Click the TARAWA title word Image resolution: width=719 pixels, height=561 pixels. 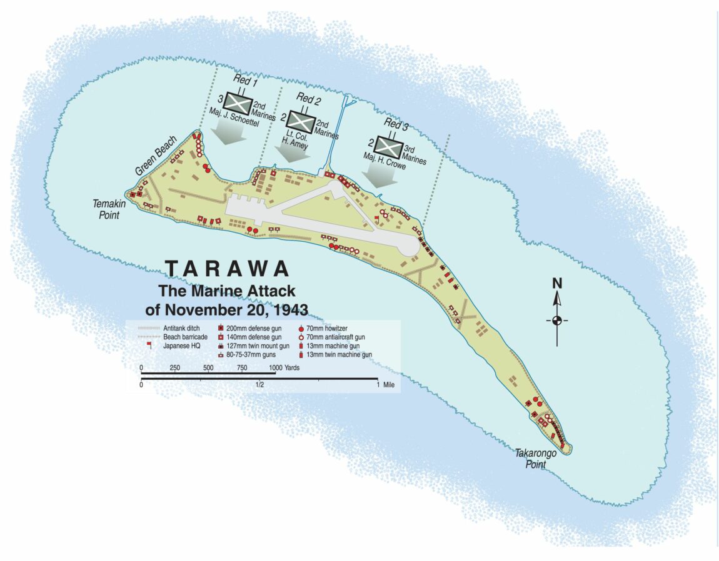click(x=228, y=269)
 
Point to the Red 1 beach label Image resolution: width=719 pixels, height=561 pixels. click(x=244, y=82)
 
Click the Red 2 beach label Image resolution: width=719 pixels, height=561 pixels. click(x=308, y=99)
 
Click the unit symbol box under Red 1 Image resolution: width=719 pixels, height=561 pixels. click(x=238, y=102)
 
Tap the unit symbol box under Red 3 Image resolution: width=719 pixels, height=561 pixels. click(x=387, y=147)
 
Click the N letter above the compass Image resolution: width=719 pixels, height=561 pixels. click(x=556, y=284)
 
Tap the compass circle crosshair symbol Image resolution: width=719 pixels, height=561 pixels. click(x=556, y=321)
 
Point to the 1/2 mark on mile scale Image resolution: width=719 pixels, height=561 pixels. click(x=259, y=385)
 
